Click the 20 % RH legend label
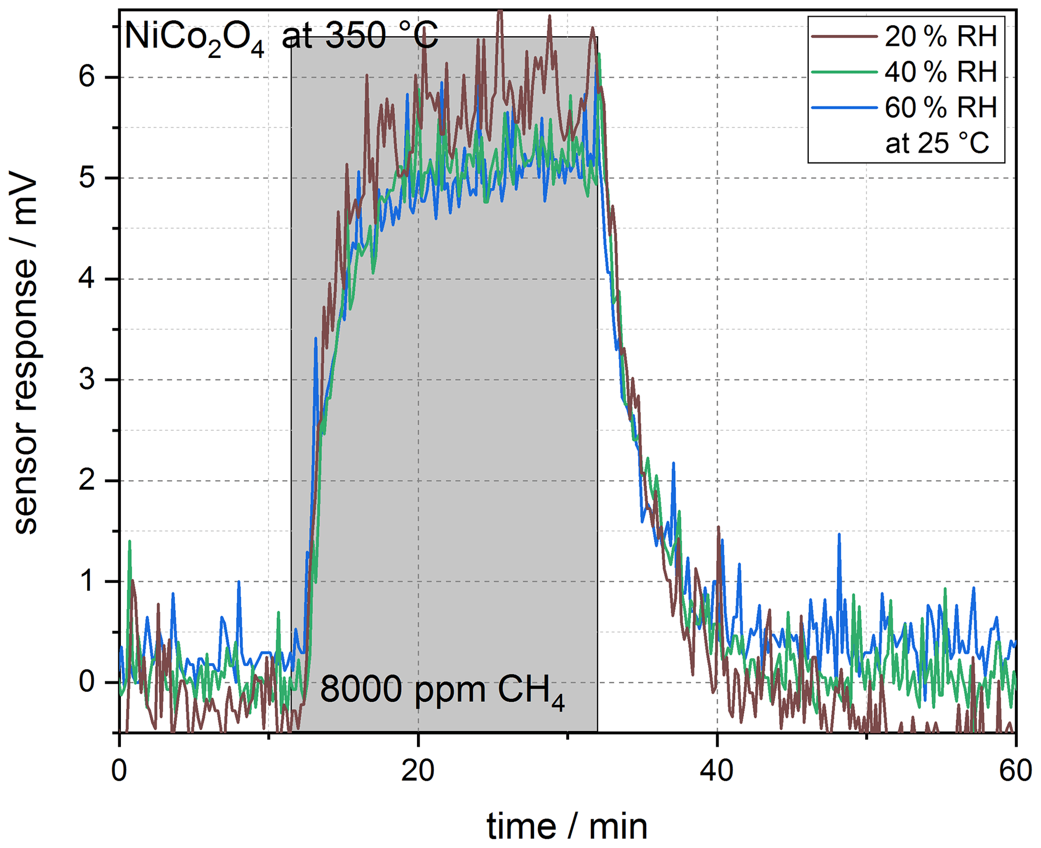point(940,37)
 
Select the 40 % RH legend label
point(940,72)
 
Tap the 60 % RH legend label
point(940,107)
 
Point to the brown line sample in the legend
point(845,36)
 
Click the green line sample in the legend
point(845,72)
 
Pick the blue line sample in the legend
point(845,107)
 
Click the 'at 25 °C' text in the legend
point(937,143)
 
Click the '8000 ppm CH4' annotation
point(442,690)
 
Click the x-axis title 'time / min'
point(567,826)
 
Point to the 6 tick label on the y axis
point(87,77)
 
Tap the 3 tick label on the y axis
point(87,379)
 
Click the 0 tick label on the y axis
point(87,682)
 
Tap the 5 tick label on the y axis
point(87,178)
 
